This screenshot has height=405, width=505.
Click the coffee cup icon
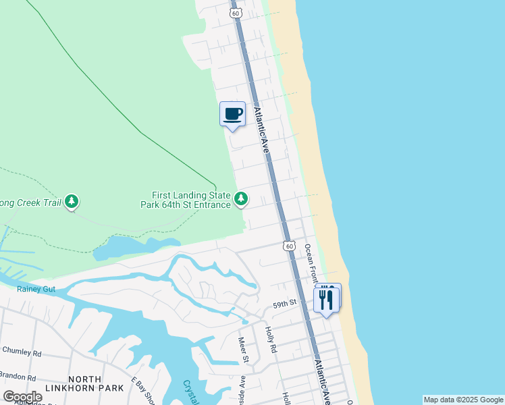232,113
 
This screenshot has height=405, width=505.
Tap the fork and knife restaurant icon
327,298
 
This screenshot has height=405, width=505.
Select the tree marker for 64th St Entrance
241,198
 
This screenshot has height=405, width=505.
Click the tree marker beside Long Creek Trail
72,201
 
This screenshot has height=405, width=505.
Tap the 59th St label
285,305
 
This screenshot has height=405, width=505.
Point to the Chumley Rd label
22,352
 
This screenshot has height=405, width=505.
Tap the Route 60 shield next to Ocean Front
290,246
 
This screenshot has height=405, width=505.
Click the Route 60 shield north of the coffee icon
235,12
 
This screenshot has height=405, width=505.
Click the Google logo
22,396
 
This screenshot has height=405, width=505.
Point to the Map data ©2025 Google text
462,400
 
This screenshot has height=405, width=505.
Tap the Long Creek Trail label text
30,201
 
